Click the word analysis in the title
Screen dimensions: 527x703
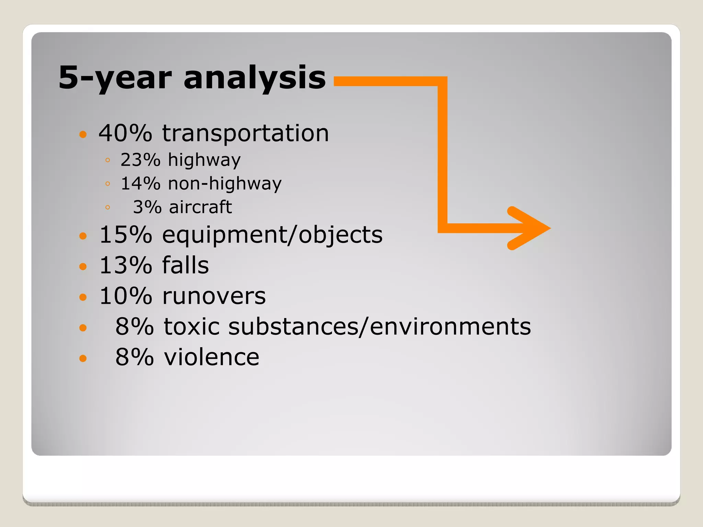[254, 78]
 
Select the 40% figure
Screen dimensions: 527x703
[125, 133]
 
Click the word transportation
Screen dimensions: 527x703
[245, 133]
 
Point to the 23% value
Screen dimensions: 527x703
[140, 160]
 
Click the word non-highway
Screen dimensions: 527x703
[224, 183]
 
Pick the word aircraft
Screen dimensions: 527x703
[200, 207]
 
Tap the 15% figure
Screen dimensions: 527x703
[125, 235]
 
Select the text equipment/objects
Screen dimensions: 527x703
[272, 236]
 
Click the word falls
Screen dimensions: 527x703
[185, 266]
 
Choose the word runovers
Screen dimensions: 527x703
[214, 296]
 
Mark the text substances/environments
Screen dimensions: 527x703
[379, 326]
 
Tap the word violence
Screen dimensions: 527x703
[211, 357]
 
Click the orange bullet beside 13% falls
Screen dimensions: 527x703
[83, 267]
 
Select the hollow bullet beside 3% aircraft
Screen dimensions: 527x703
[108, 207]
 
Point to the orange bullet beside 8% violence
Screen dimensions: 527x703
[83, 358]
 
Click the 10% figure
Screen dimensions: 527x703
[125, 296]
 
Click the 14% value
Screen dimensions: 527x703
[140, 183]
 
